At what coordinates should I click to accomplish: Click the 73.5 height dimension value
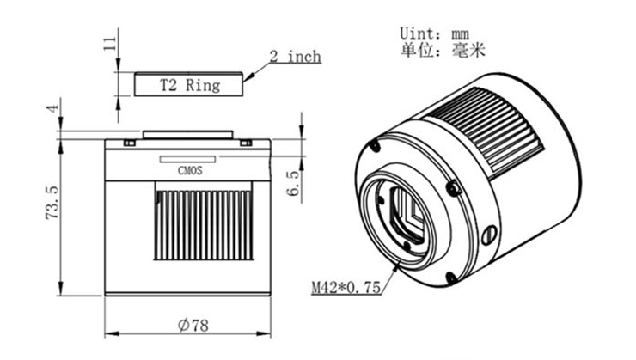52,203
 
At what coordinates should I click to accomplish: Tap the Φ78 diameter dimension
193,325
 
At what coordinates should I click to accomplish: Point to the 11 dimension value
110,44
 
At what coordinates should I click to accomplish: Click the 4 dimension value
52,109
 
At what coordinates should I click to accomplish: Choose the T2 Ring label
190,85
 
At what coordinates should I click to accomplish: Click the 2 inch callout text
296,57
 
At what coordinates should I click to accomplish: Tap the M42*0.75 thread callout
346,288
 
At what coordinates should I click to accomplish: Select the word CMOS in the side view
190,171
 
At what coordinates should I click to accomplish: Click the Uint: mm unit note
434,34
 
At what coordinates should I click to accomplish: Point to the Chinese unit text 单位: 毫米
443,51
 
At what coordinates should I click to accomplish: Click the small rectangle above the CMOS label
187,159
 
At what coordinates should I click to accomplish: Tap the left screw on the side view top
130,143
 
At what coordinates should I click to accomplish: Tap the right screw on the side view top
246,143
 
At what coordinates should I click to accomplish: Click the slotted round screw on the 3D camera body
489,235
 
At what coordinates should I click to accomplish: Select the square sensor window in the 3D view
407,215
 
